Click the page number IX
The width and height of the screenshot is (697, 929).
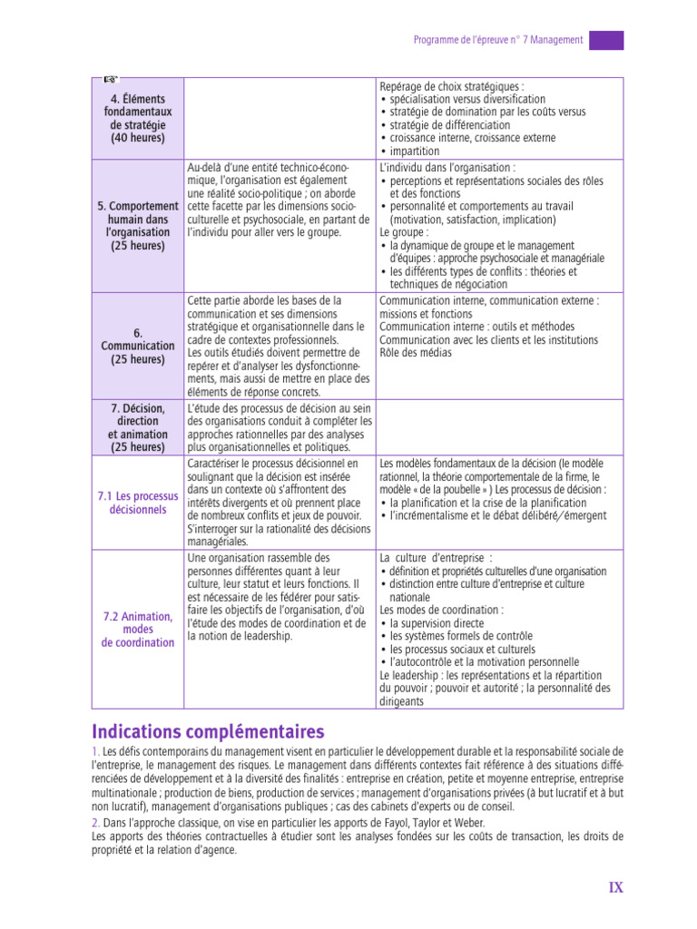pyautogui.click(x=616, y=888)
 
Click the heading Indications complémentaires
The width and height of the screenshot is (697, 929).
pyautogui.click(x=208, y=731)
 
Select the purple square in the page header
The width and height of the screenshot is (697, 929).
pyautogui.click(x=606, y=40)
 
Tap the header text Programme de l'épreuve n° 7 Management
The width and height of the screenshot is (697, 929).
pyautogui.click(x=498, y=40)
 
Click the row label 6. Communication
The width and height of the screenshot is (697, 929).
pyautogui.click(x=137, y=346)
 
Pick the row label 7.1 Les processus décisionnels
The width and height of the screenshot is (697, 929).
pyautogui.click(x=137, y=503)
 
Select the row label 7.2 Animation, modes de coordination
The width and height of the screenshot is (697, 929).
pyautogui.click(x=137, y=630)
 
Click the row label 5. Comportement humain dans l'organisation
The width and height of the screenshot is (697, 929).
pyautogui.click(x=137, y=225)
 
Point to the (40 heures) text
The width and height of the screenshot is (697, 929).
pyautogui.click(x=137, y=138)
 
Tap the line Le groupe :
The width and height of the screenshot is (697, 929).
pyautogui.click(x=404, y=232)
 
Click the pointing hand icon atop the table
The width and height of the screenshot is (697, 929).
pyautogui.click(x=111, y=80)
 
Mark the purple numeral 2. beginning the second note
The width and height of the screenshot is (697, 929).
pyautogui.click(x=96, y=822)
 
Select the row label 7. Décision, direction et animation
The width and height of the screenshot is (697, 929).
pyautogui.click(x=137, y=427)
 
